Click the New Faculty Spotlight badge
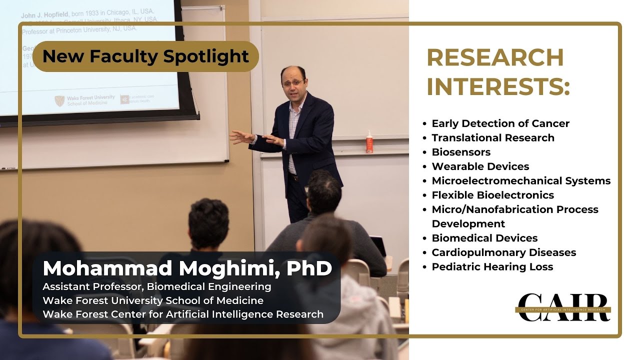[x=145, y=56]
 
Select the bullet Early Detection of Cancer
[x=500, y=123]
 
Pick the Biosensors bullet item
[x=460, y=152]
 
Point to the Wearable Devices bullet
[x=480, y=166]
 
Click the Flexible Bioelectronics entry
[x=492, y=195]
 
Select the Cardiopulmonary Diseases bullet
[x=503, y=252]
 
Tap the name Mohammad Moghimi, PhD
[x=187, y=268]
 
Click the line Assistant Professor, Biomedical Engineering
[x=157, y=287]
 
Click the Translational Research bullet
[x=492, y=138]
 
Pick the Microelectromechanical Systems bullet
[x=521, y=181]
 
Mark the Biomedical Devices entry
[x=484, y=238]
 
